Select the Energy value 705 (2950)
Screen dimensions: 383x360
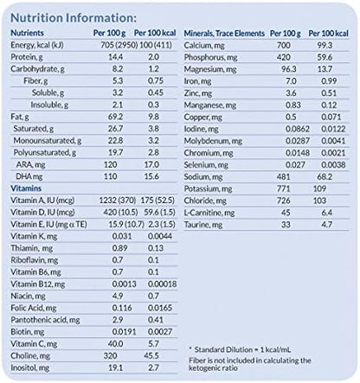click(115, 44)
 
